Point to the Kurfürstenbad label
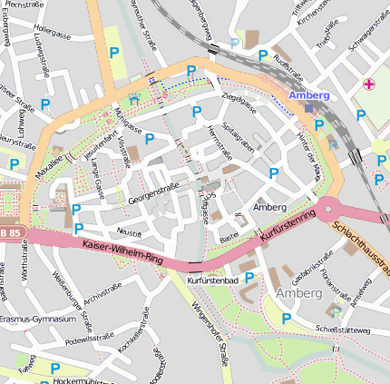point(211,281)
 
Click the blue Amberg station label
point(309,95)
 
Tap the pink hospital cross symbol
point(368,84)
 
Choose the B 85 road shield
point(9,233)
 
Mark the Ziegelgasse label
point(239,96)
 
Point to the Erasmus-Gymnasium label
point(37,320)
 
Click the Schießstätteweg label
point(343,330)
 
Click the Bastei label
point(229,238)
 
